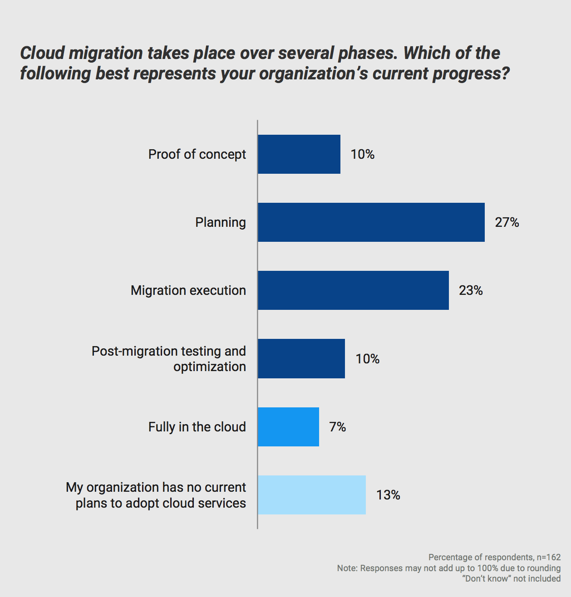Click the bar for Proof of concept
[x=299, y=154]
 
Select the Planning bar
[x=371, y=222]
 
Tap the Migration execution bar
[x=353, y=290]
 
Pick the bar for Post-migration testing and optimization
[x=301, y=358]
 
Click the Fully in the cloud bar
[x=288, y=427]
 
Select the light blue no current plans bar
[x=312, y=495]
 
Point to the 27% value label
[x=507, y=222]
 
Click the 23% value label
[x=471, y=290]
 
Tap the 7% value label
[x=338, y=427]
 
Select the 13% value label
[x=388, y=495]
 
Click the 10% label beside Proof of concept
[x=363, y=154]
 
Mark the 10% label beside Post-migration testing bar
[x=368, y=359]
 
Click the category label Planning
[x=221, y=222]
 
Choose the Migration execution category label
[x=188, y=290]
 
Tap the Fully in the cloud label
[x=197, y=427]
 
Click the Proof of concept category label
[x=197, y=154]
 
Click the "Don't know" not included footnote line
[x=511, y=578]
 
